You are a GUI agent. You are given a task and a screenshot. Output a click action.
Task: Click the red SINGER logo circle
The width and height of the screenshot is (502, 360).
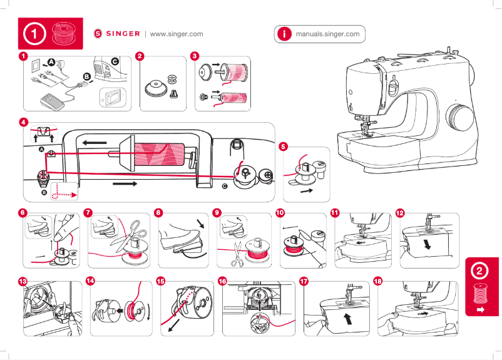pyautogui.click(x=97, y=34)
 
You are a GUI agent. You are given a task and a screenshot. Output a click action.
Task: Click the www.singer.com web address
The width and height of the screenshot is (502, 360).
pyautogui.click(x=177, y=34)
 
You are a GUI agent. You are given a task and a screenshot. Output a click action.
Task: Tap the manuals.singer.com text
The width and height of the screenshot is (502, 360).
pyautogui.click(x=327, y=34)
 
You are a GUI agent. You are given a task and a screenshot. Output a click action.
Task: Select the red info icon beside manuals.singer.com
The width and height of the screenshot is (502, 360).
pyautogui.click(x=284, y=34)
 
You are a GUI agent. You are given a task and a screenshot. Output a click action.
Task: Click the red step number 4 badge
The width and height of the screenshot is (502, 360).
pyautogui.click(x=23, y=121)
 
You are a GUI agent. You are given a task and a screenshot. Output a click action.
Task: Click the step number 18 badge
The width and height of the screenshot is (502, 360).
pyautogui.click(x=377, y=281)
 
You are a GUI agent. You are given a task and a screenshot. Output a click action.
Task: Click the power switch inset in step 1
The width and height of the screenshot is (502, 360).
pyautogui.click(x=112, y=97)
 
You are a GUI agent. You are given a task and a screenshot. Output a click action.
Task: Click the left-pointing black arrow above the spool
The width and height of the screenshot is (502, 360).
pyautogui.click(x=93, y=143)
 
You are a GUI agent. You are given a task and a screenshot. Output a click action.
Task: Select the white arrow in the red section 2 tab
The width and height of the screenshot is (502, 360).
pyautogui.click(x=481, y=309)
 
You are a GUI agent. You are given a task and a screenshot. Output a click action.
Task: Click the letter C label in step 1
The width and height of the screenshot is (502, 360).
pyautogui.click(x=115, y=61)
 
